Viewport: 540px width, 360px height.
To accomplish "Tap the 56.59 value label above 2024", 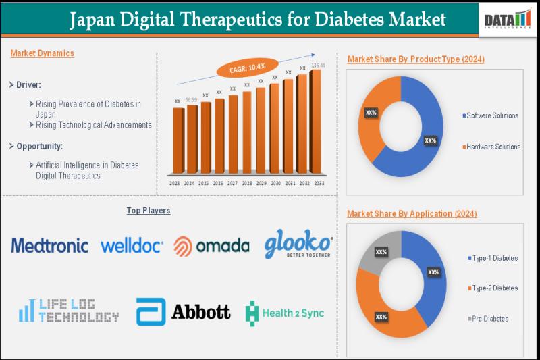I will [191, 99].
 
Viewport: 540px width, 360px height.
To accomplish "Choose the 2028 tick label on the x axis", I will [246, 183].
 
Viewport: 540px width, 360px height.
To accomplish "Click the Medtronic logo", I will [49, 245].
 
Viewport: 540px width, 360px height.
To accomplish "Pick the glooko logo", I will [298, 243].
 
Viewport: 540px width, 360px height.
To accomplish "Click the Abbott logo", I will [183, 312].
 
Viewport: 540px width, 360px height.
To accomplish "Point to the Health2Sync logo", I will [284, 313].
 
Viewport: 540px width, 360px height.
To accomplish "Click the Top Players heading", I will [148, 211].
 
